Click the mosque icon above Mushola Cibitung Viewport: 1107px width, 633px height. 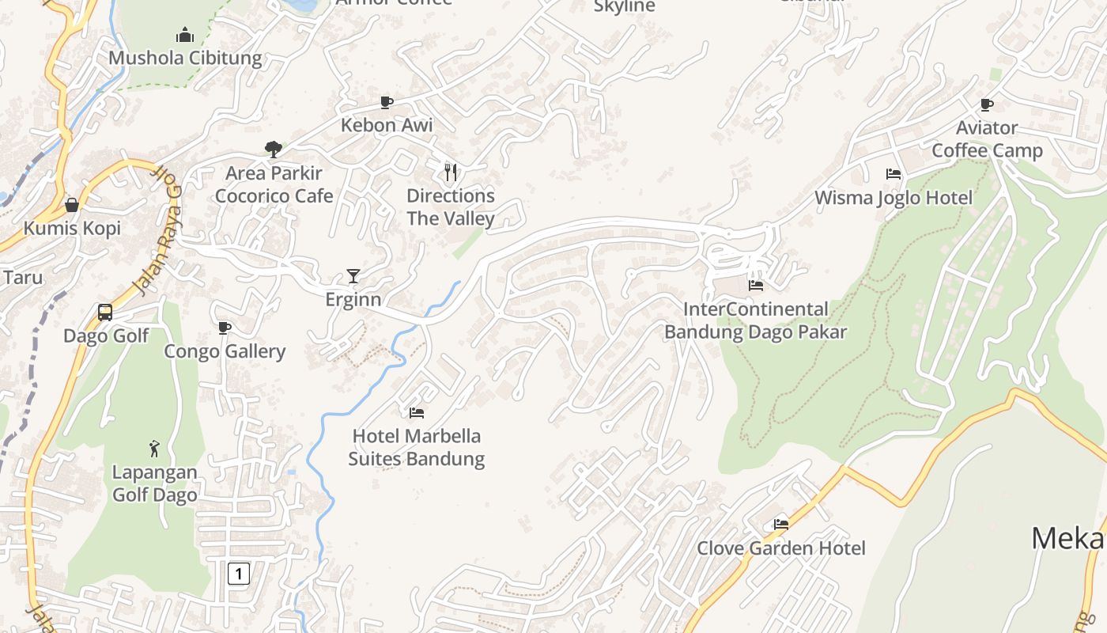pyautogui.click(x=185, y=35)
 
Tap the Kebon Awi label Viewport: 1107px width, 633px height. pyautogui.click(x=387, y=125)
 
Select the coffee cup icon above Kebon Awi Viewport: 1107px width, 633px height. pyautogui.click(x=387, y=102)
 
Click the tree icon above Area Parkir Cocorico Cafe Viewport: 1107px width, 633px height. pyautogui.click(x=274, y=149)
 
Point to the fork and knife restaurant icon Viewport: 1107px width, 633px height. pyautogui.click(x=451, y=172)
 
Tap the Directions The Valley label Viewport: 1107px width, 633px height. pyautogui.click(x=451, y=207)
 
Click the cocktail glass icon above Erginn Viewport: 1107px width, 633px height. pyautogui.click(x=353, y=275)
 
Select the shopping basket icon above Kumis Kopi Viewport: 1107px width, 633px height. pyautogui.click(x=72, y=205)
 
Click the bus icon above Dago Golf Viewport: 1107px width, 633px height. pyautogui.click(x=105, y=312)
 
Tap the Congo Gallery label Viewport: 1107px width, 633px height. pyautogui.click(x=225, y=351)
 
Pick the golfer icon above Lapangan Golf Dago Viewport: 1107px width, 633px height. pyautogui.click(x=154, y=449)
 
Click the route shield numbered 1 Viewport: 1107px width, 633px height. pyautogui.click(x=239, y=574)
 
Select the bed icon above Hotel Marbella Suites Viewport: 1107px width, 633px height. pyautogui.click(x=417, y=412)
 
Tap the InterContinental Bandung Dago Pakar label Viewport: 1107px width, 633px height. pyautogui.click(x=755, y=320)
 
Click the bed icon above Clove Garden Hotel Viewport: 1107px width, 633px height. pyautogui.click(x=781, y=524)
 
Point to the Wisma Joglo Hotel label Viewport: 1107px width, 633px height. pyautogui.click(x=894, y=198)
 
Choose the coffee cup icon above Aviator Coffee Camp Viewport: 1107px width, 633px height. pyautogui.click(x=987, y=104)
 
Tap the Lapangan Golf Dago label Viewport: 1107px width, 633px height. pyautogui.click(x=154, y=483)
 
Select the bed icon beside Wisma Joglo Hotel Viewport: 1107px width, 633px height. pyautogui.click(x=894, y=174)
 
